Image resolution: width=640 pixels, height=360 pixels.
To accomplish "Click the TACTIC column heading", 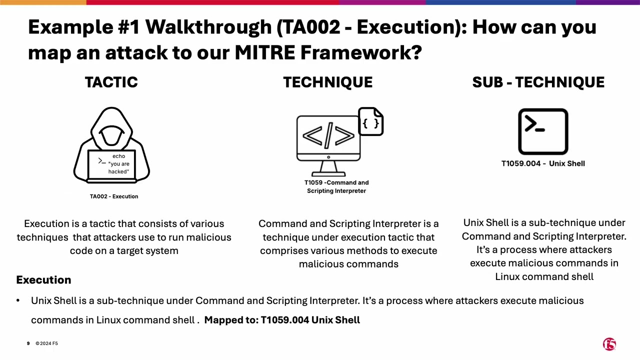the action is tap(111, 82).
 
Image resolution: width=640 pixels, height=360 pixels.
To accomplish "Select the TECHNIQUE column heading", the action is tap(327, 82).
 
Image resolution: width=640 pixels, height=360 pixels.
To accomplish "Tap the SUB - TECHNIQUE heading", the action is tap(538, 82).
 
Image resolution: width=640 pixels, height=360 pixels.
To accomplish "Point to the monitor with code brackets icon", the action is tap(328, 140).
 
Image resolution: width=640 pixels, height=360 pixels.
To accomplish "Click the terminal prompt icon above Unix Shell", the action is tap(543, 131).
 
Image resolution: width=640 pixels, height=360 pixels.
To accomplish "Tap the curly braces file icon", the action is tap(371, 121).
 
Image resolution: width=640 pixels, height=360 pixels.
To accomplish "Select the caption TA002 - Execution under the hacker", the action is tap(114, 196).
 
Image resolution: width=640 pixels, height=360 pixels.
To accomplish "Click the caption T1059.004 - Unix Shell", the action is tap(543, 163).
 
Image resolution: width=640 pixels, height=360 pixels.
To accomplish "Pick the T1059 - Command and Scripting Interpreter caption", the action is tap(336, 186).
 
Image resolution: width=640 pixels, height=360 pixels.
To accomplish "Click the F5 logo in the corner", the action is tap(609, 344).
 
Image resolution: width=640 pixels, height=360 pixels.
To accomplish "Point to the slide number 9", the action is tap(28, 343).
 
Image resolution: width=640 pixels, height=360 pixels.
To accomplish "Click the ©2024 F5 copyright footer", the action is tap(46, 343).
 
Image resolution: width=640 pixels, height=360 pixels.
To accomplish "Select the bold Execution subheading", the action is tap(43, 280).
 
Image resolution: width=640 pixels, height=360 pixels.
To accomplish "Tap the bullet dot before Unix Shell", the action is tap(18, 300).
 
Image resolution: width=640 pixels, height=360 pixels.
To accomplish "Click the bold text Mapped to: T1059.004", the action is tap(282, 320).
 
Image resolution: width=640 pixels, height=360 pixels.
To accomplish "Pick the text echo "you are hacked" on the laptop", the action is tap(118, 164).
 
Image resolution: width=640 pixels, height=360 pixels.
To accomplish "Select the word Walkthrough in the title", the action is tap(208, 27).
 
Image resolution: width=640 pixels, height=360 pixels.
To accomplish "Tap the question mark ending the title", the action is tap(416, 52).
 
